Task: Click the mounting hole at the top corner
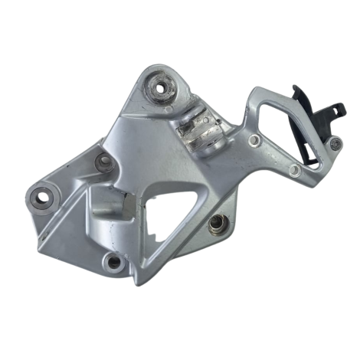pos(162,87)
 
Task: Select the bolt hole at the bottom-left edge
pos(114,263)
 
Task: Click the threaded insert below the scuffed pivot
pos(217,224)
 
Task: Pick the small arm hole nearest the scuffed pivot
pos(254,140)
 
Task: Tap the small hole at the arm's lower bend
pos(294,169)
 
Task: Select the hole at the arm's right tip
pos(335,142)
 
